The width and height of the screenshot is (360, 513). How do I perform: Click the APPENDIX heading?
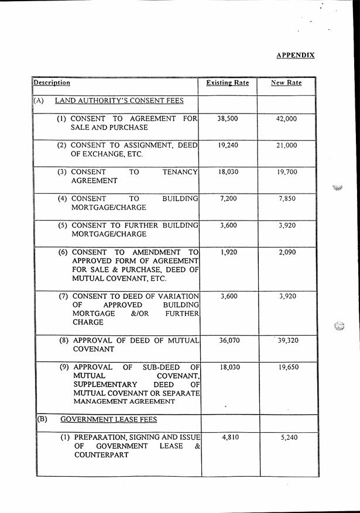295,55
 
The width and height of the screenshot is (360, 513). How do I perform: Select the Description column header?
52,83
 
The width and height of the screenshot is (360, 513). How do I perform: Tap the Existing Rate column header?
228,83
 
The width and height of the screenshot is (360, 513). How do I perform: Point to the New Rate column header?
286,83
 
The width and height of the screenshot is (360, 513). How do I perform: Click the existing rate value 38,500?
228,118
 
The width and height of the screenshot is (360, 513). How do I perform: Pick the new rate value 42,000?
287,118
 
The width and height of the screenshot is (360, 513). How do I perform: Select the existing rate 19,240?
228,145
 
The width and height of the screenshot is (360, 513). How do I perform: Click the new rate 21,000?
287,145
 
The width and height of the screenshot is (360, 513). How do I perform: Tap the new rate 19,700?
287,173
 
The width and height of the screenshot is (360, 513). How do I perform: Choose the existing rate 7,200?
228,199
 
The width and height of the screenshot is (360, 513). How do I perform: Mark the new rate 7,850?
287,199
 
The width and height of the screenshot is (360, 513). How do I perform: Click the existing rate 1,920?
228,252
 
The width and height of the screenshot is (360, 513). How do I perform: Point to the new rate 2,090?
287,252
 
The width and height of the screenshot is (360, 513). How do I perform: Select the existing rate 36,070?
228,340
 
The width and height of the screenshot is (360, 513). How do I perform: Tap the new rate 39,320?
287,340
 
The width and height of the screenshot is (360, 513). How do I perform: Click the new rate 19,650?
287,368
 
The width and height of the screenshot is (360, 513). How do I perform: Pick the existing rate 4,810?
228,438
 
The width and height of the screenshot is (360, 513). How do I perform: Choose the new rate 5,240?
287,438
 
